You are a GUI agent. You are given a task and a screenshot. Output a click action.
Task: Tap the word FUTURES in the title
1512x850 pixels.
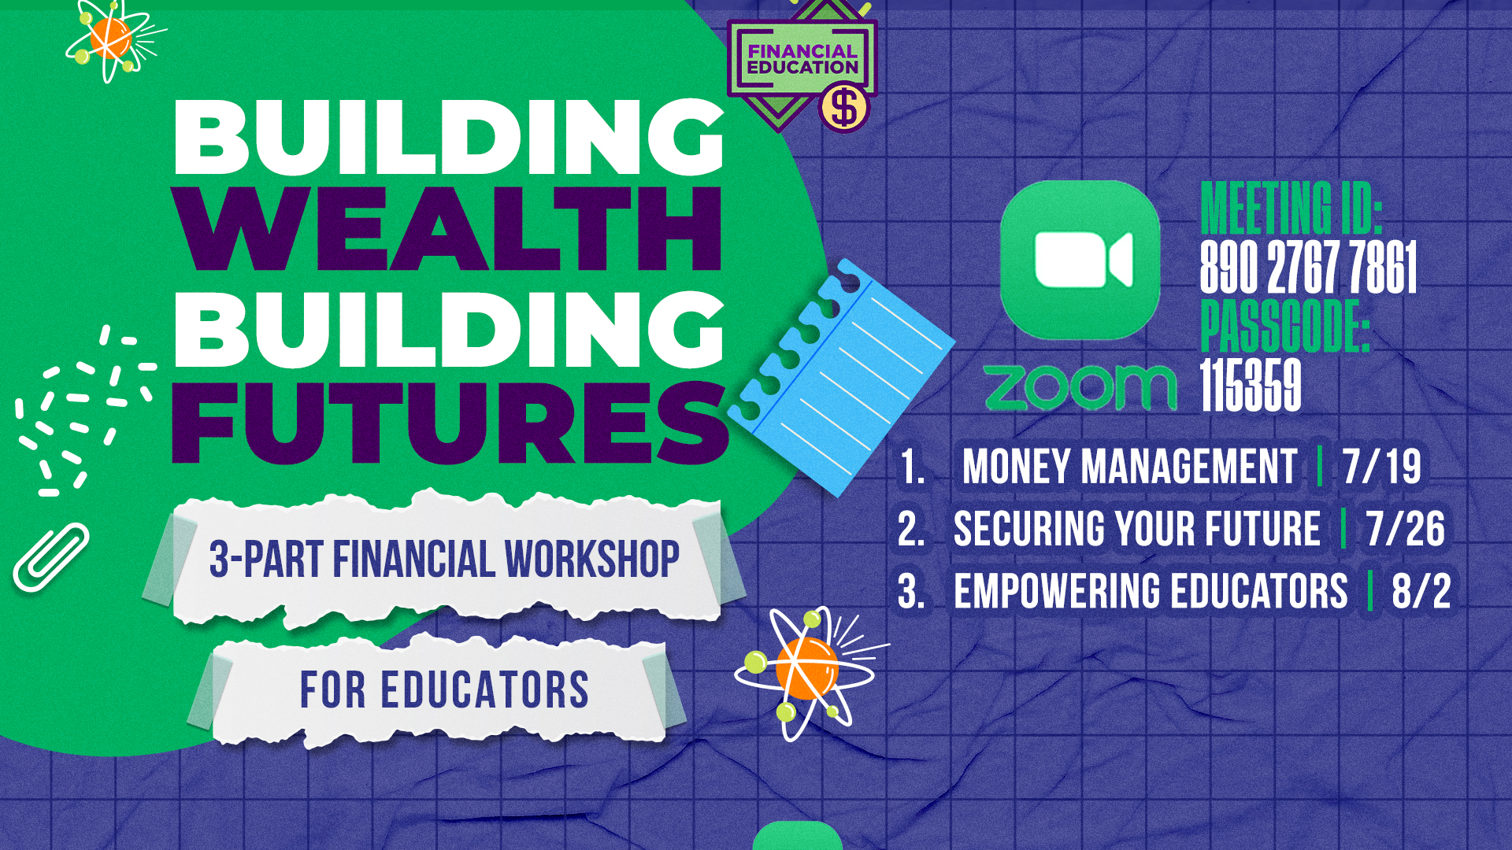click(x=449, y=423)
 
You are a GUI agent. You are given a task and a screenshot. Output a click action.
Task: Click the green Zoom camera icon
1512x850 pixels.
click(x=1080, y=261)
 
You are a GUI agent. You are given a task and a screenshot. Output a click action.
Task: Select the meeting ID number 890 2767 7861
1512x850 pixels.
click(x=1308, y=268)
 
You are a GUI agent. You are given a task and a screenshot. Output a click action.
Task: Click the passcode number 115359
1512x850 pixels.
click(x=1251, y=386)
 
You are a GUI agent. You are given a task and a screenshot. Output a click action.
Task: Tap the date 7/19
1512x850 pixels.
click(x=1382, y=466)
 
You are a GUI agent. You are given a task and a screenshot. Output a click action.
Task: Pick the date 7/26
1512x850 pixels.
click(x=1406, y=528)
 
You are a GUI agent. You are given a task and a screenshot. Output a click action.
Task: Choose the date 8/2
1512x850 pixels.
click(x=1421, y=591)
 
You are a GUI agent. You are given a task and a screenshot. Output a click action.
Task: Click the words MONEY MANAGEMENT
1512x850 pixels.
click(x=1129, y=466)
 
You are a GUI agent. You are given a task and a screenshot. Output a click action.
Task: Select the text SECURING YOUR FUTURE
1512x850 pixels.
click(x=1137, y=528)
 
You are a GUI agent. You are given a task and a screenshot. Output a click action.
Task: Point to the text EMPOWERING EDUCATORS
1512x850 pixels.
click(x=1151, y=591)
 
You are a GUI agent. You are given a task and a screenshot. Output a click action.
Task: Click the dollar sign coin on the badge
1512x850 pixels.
click(x=843, y=109)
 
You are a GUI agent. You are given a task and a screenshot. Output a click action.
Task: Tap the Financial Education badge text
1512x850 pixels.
click(x=802, y=59)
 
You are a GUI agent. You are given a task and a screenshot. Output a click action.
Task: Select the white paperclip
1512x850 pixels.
click(x=51, y=557)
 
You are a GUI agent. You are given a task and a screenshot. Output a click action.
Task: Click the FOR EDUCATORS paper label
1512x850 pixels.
click(x=445, y=690)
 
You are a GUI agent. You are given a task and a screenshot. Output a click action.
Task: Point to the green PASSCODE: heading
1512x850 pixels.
click(x=1285, y=326)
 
